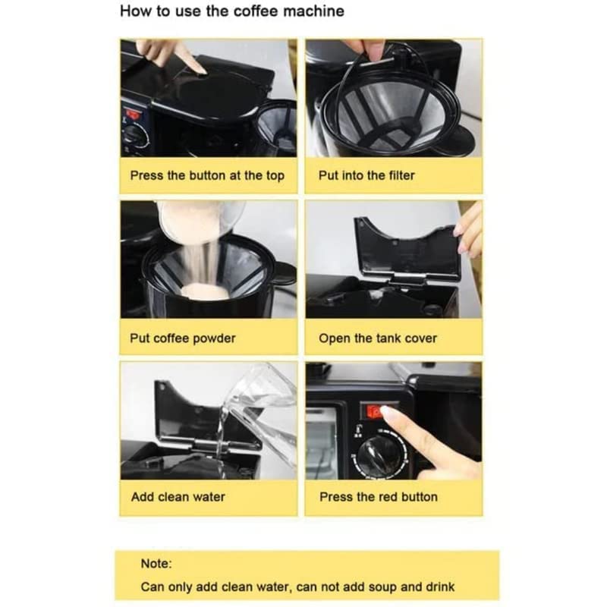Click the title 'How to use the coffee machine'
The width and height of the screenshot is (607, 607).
click(232, 11)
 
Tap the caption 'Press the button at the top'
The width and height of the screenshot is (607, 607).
click(207, 175)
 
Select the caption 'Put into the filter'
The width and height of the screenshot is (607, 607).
click(366, 175)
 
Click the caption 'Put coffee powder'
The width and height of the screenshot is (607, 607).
click(183, 338)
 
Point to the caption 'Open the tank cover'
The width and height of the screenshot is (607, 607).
click(378, 338)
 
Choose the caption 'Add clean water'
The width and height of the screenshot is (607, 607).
click(178, 497)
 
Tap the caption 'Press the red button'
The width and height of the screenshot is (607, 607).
click(379, 497)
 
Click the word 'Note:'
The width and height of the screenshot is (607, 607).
click(156, 563)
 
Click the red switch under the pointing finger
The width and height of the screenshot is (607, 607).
click(374, 411)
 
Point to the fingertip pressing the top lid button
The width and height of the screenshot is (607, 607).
click(200, 70)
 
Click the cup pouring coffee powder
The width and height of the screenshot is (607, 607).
click(200, 222)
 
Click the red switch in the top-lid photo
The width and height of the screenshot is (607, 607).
click(132, 115)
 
